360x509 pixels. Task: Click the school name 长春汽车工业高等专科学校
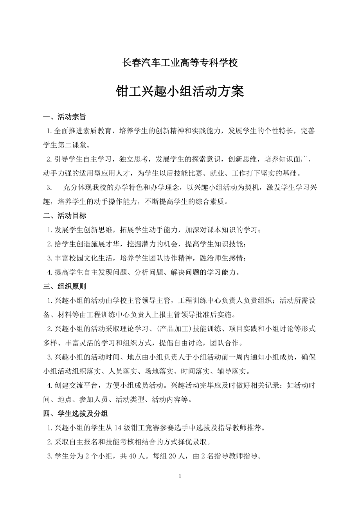click(180, 63)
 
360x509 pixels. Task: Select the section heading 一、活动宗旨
click(65, 117)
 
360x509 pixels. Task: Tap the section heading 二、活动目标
click(65, 216)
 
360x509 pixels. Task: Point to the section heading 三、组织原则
click(65, 287)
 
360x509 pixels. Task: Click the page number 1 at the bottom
click(180, 476)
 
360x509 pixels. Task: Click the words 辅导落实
click(235, 371)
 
